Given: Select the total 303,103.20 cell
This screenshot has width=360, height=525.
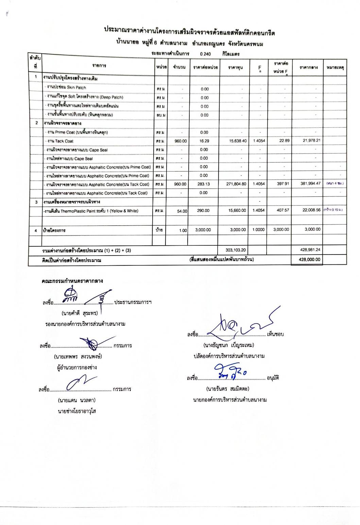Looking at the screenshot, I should (x=236, y=250).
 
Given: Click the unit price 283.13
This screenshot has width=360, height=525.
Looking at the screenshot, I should (x=204, y=184).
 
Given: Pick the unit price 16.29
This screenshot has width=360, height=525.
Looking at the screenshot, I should (x=204, y=141).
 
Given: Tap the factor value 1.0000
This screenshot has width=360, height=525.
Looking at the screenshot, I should (x=258, y=230).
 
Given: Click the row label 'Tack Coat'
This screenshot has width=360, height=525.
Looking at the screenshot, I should (x=60, y=141).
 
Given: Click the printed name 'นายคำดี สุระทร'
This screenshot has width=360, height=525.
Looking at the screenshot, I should (x=80, y=313).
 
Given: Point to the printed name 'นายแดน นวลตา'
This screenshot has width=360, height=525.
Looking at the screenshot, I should (x=76, y=400).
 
